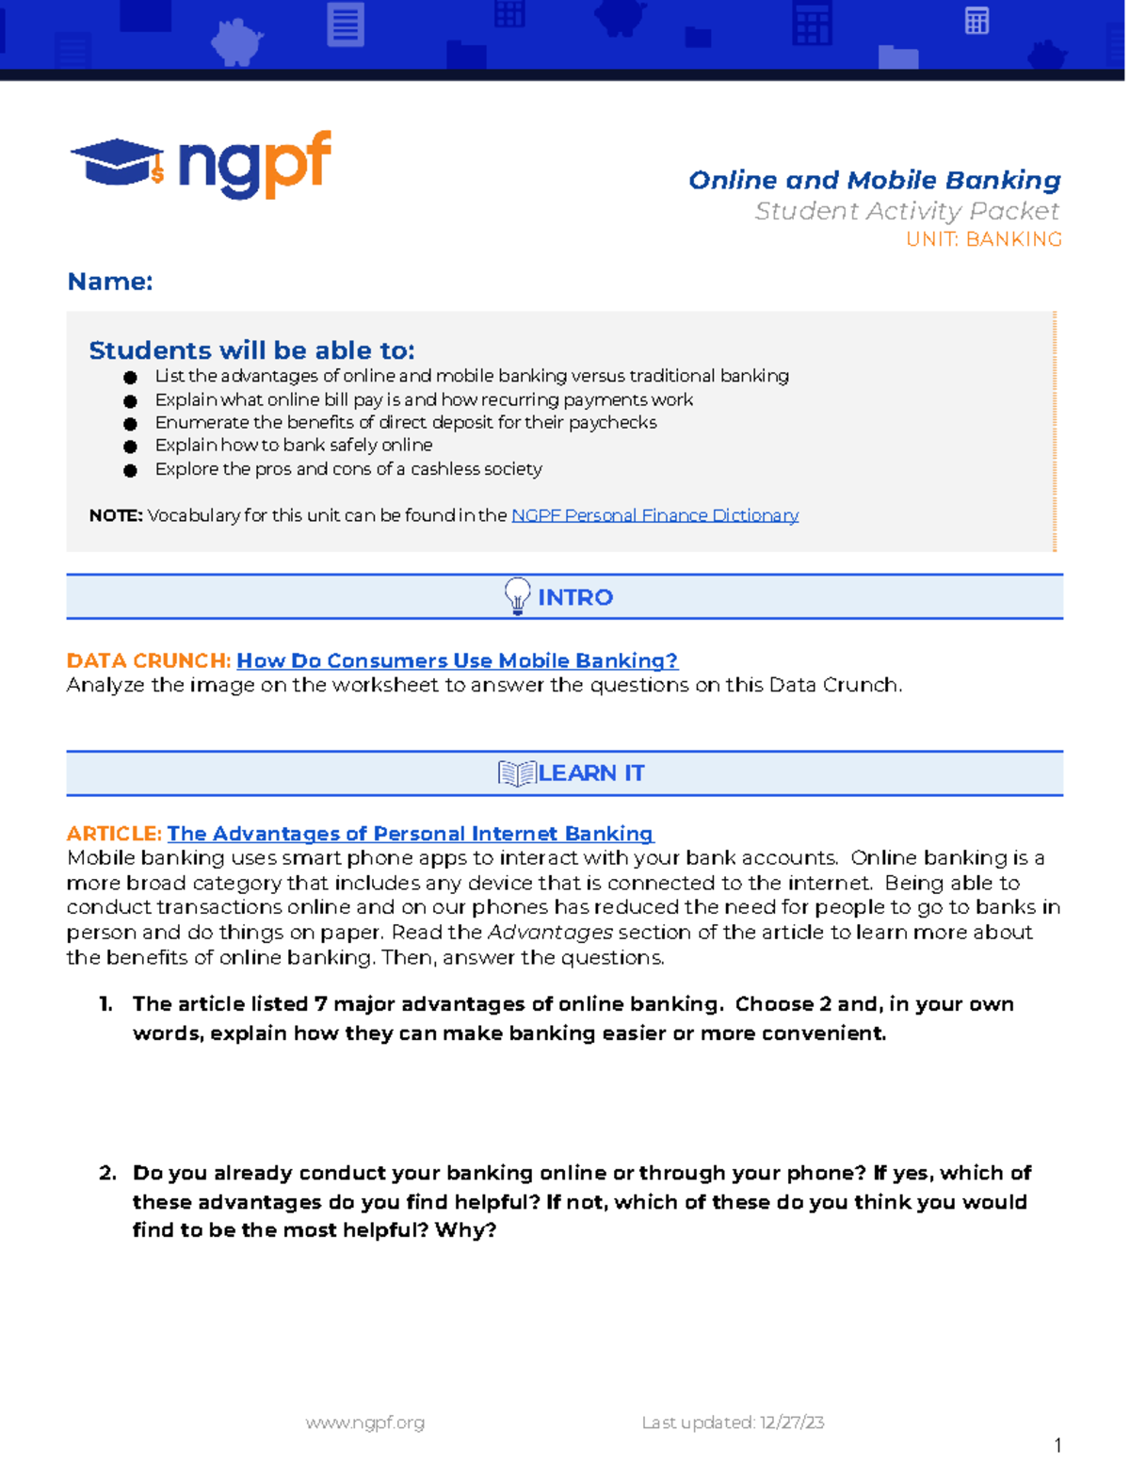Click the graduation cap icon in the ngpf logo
(x=115, y=163)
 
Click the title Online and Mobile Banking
(x=874, y=180)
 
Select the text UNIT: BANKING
(x=983, y=239)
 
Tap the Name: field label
(x=110, y=282)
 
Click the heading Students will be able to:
(x=251, y=350)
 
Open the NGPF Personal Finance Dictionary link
(x=654, y=515)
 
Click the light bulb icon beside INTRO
(x=517, y=596)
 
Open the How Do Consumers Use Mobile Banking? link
(x=457, y=660)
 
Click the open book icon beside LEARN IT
(x=516, y=773)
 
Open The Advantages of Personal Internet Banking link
(x=410, y=834)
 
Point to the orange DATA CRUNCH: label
(x=148, y=660)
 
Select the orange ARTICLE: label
(x=114, y=834)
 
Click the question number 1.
(x=105, y=1004)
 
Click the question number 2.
(x=107, y=1173)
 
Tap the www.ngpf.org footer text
(x=364, y=1422)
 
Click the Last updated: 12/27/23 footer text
(x=733, y=1422)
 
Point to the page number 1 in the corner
(x=1058, y=1445)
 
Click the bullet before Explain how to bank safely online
(x=130, y=447)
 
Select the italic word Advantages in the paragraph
(x=550, y=933)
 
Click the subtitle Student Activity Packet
(x=906, y=211)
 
